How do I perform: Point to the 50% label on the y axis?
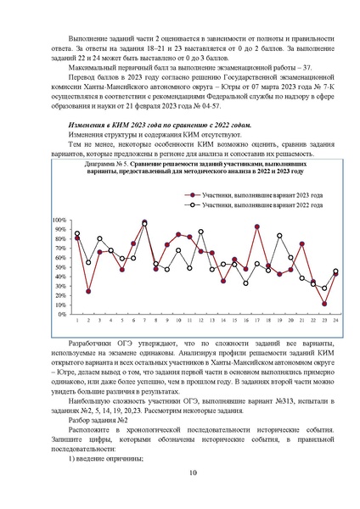click(59, 267)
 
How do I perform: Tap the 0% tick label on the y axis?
click(61, 314)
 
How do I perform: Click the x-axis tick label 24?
click(335, 321)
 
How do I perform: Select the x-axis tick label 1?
click(77, 321)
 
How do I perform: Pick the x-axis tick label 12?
click(200, 321)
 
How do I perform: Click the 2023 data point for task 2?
click(88, 291)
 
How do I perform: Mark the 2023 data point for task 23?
click(324, 304)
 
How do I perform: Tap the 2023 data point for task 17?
click(256, 227)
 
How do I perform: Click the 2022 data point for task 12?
click(200, 232)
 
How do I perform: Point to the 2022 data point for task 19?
click(279, 236)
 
